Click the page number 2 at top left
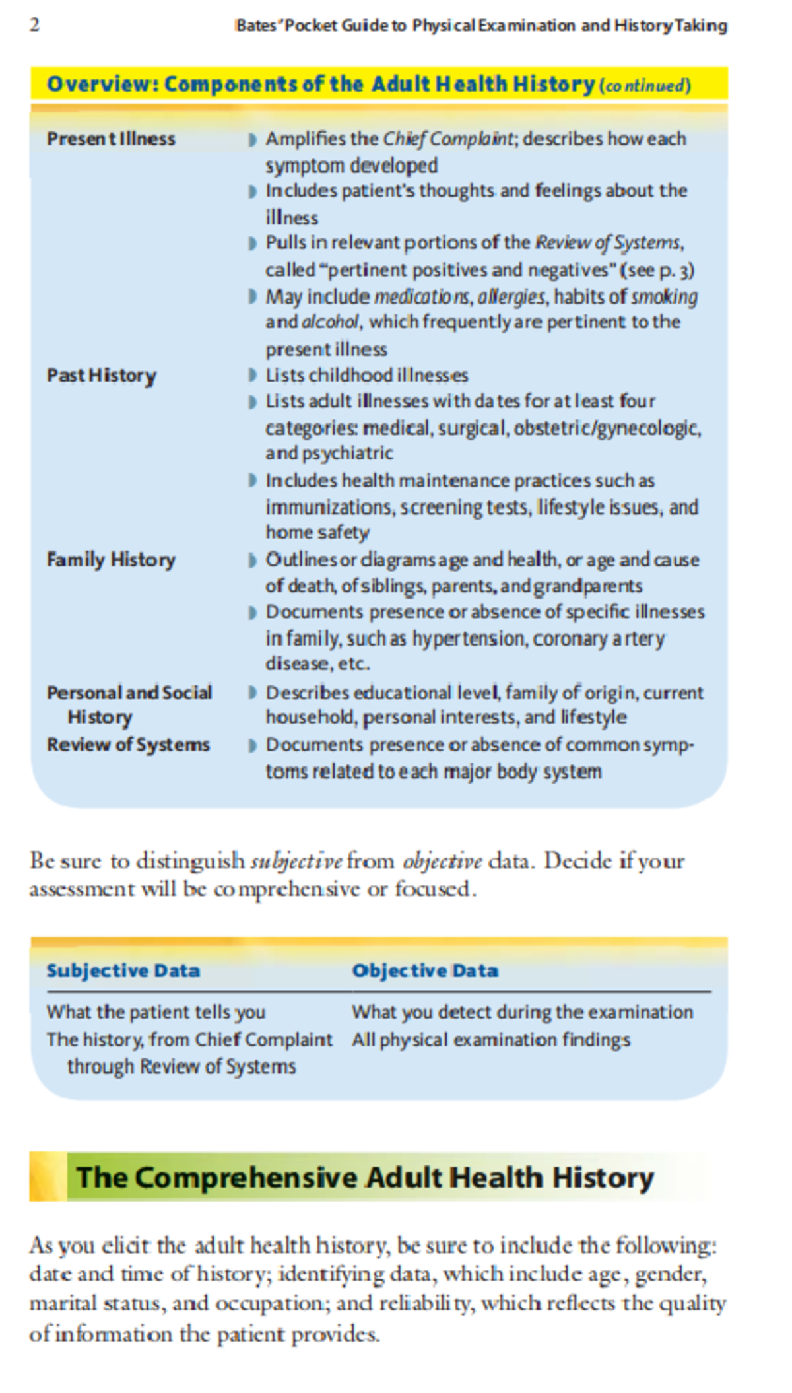[x=35, y=25]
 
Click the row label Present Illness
[x=111, y=139]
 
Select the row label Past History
[x=102, y=376]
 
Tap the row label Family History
[x=111, y=560]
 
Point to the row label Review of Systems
[x=128, y=745]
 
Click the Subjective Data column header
[x=123, y=970]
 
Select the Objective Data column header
[x=425, y=970]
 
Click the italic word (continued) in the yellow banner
[x=645, y=86]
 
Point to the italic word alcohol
[x=331, y=322]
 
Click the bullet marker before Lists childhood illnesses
[x=252, y=376]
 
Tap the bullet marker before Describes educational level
[x=252, y=693]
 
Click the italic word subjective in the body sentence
[x=296, y=862]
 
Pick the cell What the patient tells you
[x=156, y=1012]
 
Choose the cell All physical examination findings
[x=491, y=1040]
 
